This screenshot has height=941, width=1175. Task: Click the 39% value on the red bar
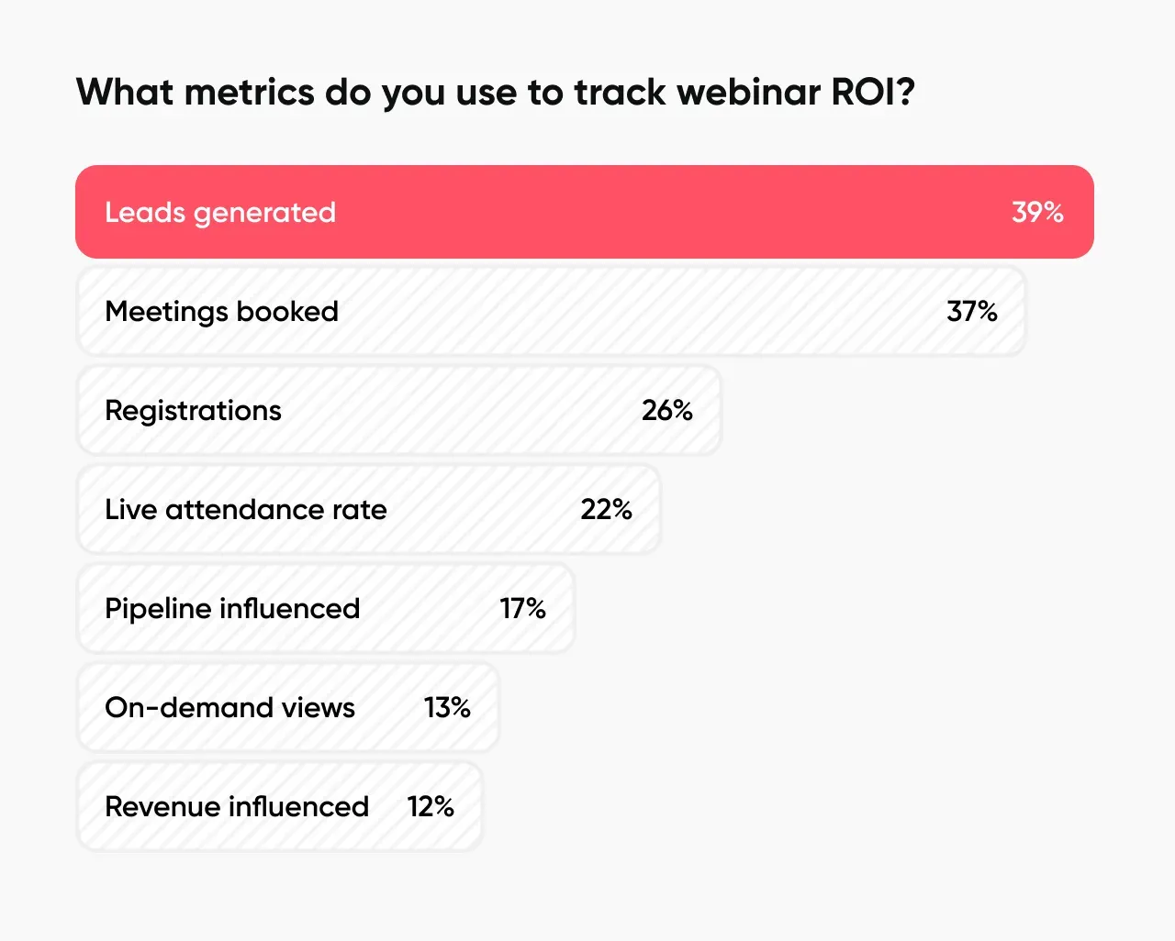tap(1037, 212)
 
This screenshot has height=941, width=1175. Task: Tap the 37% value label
tap(972, 311)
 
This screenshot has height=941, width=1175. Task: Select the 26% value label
tap(667, 410)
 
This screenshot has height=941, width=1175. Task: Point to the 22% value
tap(606, 509)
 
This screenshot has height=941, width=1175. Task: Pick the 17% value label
tap(522, 608)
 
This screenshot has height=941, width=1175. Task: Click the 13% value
tap(447, 707)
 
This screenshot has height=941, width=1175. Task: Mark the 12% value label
tap(431, 806)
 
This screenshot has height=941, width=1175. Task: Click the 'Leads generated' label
tap(220, 212)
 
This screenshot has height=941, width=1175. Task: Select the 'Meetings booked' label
tap(221, 311)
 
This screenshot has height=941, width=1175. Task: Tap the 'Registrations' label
tap(193, 410)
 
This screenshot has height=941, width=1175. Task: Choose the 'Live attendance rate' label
tap(245, 509)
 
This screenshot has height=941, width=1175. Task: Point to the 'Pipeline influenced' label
tap(232, 608)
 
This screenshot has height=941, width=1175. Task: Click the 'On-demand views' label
tap(229, 707)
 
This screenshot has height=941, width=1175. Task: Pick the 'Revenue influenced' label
tap(237, 806)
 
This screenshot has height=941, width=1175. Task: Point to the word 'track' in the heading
tap(621, 92)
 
